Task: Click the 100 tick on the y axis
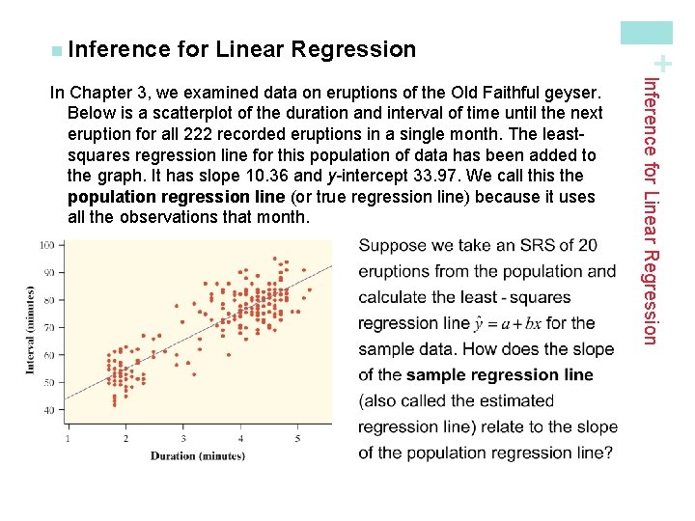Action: [46, 245]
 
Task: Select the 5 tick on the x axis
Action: [298, 439]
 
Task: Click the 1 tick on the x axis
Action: [68, 439]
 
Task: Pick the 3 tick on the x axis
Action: [183, 439]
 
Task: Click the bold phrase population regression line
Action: [176, 197]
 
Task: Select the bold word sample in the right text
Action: [437, 374]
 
